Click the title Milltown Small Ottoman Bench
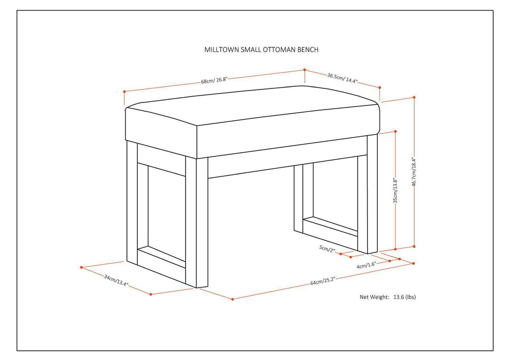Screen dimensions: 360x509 click(261, 50)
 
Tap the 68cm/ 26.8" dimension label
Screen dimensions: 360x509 click(214, 80)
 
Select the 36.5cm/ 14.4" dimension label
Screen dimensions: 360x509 click(342, 78)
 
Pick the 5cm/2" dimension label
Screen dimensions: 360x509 click(327, 249)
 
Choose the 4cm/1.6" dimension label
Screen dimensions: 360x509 click(367, 265)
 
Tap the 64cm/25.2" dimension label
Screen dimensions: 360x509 click(322, 281)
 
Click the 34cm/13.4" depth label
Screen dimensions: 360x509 click(115, 280)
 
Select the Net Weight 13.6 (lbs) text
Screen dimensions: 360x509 click(388, 297)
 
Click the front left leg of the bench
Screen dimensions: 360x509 click(202, 221)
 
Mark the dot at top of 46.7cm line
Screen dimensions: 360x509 click(414, 97)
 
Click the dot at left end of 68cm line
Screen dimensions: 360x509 click(124, 92)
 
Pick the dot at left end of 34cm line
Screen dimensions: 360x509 click(81, 267)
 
